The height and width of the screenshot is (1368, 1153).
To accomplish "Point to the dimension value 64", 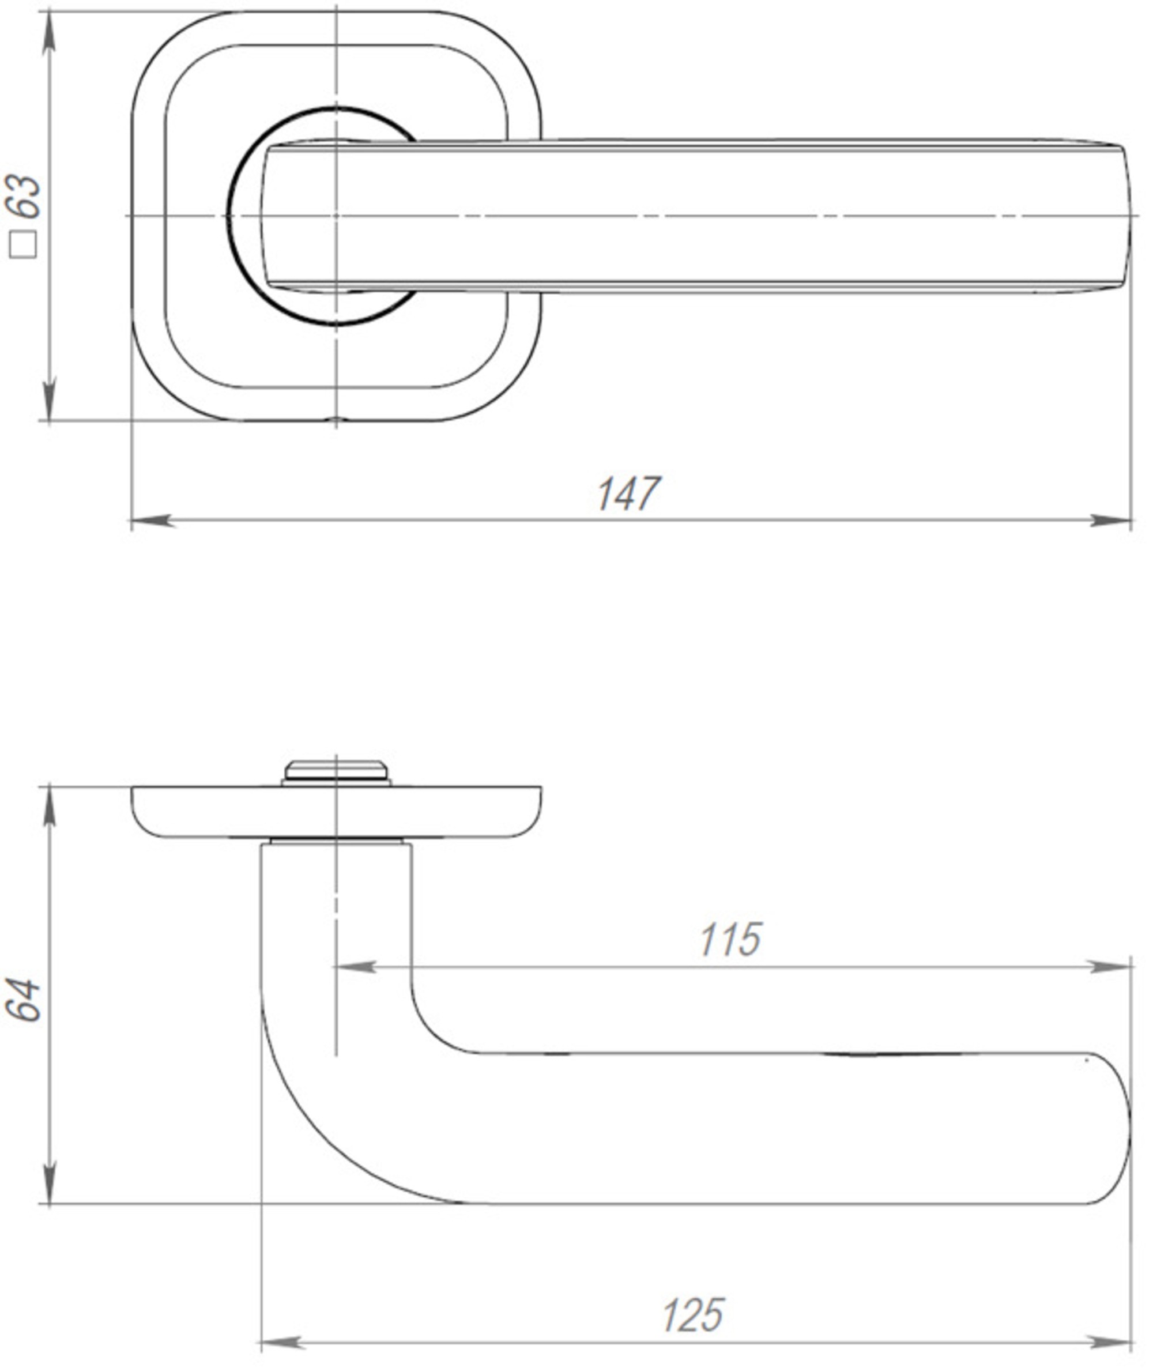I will tap(24, 1000).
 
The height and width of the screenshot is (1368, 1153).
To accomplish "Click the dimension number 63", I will tap(24, 196).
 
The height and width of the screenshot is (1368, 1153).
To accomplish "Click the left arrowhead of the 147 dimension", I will tap(152, 521).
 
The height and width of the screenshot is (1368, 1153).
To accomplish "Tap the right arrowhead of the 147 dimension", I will tap(1111, 521).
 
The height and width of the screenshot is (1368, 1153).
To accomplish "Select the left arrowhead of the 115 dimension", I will tap(356, 967).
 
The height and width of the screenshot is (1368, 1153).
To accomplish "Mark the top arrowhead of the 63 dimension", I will tap(49, 33).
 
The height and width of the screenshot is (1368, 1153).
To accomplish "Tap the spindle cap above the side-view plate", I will tap(336, 771).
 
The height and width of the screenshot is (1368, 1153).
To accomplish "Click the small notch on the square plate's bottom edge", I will tap(336, 419).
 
